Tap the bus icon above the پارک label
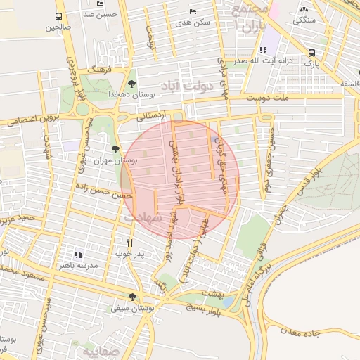tap(311, 53)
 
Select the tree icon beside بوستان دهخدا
tap(131, 84)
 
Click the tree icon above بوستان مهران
tap(115, 148)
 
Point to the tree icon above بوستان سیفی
tap(132, 297)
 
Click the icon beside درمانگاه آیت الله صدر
tap(263, 50)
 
